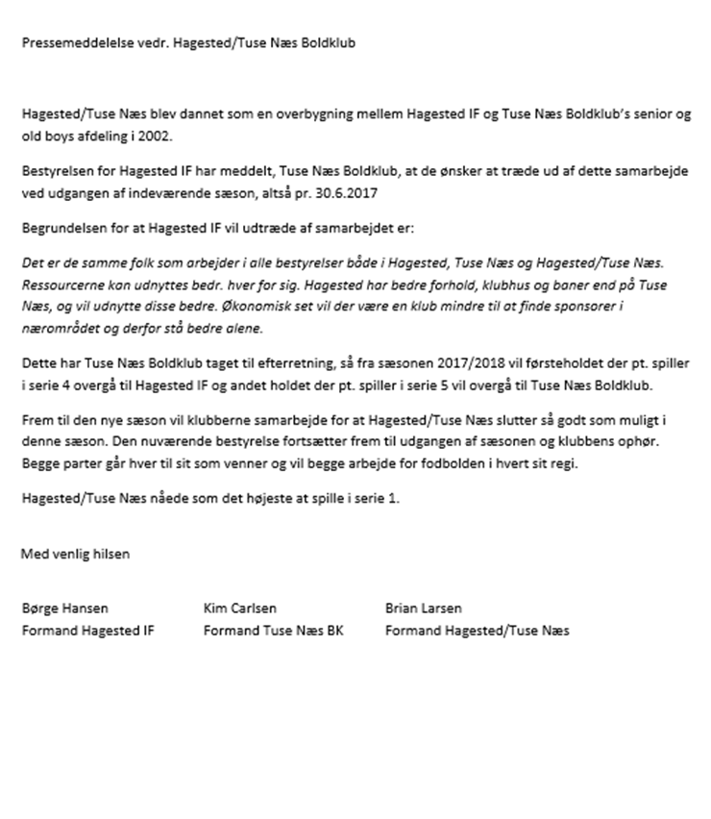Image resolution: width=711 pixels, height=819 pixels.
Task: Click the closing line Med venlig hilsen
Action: point(75,554)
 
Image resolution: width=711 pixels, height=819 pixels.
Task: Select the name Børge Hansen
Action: point(65,608)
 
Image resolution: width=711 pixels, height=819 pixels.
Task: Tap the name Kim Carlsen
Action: point(240,608)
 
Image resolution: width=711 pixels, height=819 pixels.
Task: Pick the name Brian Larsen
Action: point(424,608)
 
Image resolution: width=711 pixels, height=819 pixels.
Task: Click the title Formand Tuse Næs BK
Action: point(273,631)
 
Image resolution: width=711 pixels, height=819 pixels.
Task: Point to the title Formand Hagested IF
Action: point(87,631)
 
